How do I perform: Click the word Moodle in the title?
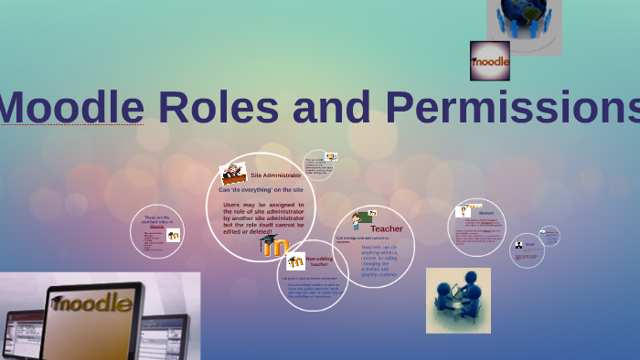pyautogui.click(x=72, y=108)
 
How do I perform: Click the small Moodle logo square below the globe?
pyautogui.click(x=489, y=61)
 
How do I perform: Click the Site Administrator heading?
pyautogui.click(x=275, y=175)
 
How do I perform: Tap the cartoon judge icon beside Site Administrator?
pyautogui.click(x=231, y=173)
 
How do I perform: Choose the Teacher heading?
pyautogui.click(x=386, y=228)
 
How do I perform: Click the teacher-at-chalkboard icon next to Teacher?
pyautogui.click(x=360, y=221)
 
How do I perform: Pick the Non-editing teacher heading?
pyautogui.click(x=319, y=261)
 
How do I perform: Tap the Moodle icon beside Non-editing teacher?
pyautogui.click(x=295, y=261)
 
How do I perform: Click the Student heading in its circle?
pyautogui.click(x=485, y=214)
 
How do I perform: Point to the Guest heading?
pyautogui.click(x=529, y=244)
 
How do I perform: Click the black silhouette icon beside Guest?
pyautogui.click(x=518, y=245)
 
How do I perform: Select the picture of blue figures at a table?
pyautogui.click(x=458, y=300)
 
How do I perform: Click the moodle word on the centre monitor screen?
pyautogui.click(x=91, y=302)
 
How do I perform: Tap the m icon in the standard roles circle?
pyautogui.click(x=173, y=236)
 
